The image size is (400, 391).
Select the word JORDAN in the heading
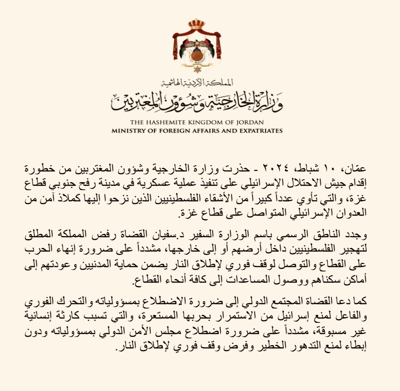pos(252,123)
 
